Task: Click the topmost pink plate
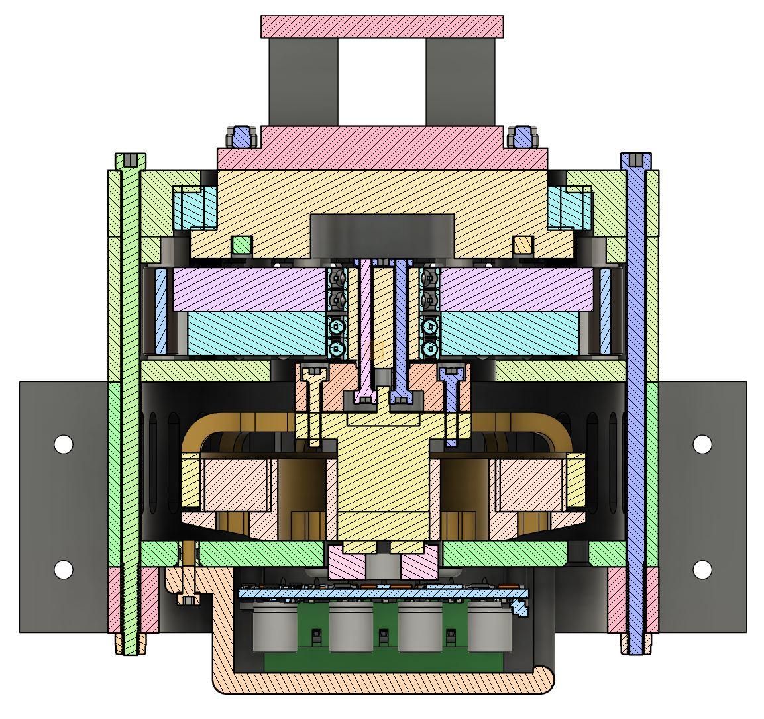382,26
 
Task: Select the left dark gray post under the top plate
303,81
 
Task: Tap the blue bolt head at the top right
523,137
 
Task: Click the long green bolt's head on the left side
131,160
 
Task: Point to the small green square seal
242,245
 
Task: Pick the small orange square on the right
523,245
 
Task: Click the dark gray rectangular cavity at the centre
382,234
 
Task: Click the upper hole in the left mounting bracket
63,444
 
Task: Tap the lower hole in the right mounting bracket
702,569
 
